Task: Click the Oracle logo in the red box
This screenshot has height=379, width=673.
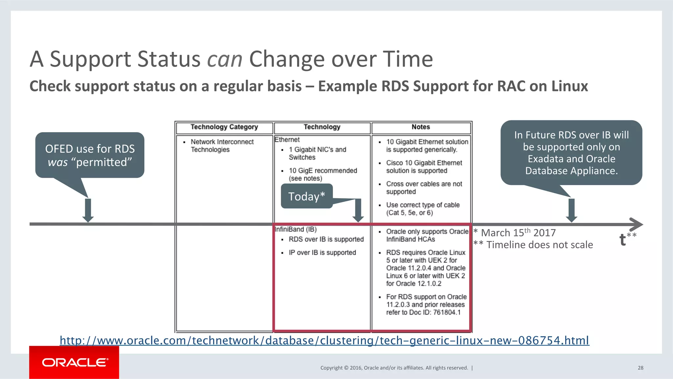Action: [x=75, y=363]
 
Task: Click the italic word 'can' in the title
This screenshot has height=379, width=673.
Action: [x=225, y=59]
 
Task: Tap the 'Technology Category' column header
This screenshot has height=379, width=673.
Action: [x=224, y=127]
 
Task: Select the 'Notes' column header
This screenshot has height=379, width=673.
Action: [x=421, y=127]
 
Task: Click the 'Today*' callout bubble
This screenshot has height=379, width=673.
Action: [x=306, y=196]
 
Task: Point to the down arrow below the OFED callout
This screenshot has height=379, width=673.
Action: [x=88, y=211]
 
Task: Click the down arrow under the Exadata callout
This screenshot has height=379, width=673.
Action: [x=571, y=211]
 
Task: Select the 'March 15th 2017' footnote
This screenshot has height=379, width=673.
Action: [x=518, y=233]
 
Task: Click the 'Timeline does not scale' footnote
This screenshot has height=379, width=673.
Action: [x=539, y=245]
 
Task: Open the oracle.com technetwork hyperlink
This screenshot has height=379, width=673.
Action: [x=324, y=341]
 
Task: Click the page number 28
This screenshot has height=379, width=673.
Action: [x=640, y=368]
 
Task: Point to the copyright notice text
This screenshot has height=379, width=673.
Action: [x=394, y=368]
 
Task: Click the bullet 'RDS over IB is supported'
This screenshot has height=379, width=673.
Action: [x=326, y=240]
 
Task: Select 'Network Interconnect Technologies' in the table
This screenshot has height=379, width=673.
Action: [x=222, y=146]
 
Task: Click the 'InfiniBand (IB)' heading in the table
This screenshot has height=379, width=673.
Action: [x=296, y=229]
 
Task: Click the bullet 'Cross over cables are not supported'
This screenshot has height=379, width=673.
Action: [x=424, y=188]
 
